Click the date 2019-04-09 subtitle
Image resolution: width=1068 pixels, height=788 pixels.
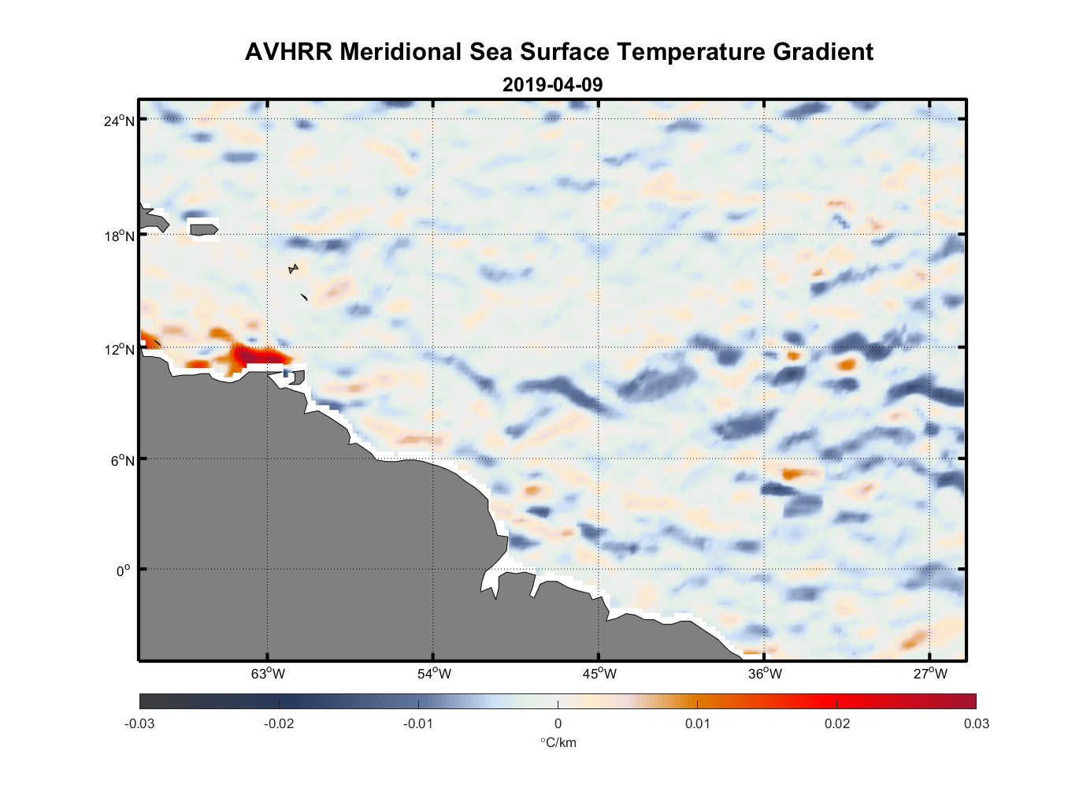point(552,84)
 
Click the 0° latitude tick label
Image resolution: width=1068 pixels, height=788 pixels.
point(124,571)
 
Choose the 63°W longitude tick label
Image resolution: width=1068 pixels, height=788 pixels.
point(268,674)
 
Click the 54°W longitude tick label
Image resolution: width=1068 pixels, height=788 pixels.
point(434,674)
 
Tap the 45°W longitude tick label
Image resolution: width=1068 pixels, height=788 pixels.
point(599,674)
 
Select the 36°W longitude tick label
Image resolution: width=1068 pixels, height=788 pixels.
point(765,674)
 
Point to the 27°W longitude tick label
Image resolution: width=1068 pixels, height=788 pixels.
point(930,674)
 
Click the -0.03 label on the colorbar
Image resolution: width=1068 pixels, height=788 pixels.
point(139,724)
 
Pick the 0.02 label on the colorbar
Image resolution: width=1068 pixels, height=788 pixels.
point(836,724)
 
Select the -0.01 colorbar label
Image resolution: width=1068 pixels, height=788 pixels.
point(418,724)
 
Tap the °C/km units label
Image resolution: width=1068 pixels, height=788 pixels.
point(558,743)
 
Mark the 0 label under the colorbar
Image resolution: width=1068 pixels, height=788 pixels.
point(558,724)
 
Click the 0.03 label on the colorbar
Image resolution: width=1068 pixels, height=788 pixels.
point(976,724)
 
